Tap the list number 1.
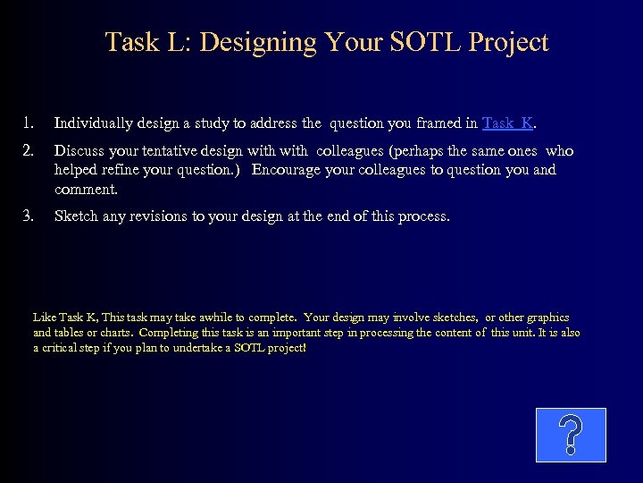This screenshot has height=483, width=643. point(29,123)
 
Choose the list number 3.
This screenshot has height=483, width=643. point(29,216)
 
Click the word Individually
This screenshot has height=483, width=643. point(95,123)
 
